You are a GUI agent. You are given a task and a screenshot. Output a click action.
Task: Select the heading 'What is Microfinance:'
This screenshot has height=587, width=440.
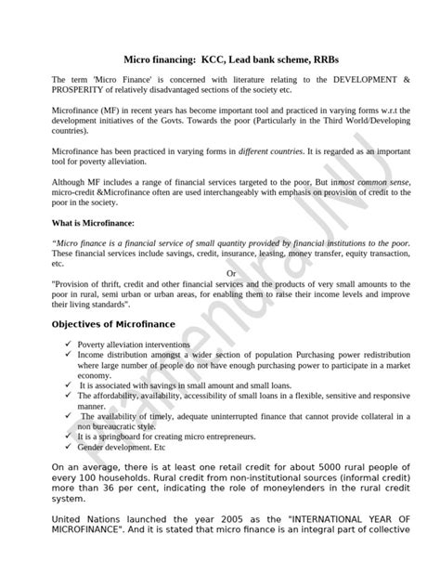coord(93,223)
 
